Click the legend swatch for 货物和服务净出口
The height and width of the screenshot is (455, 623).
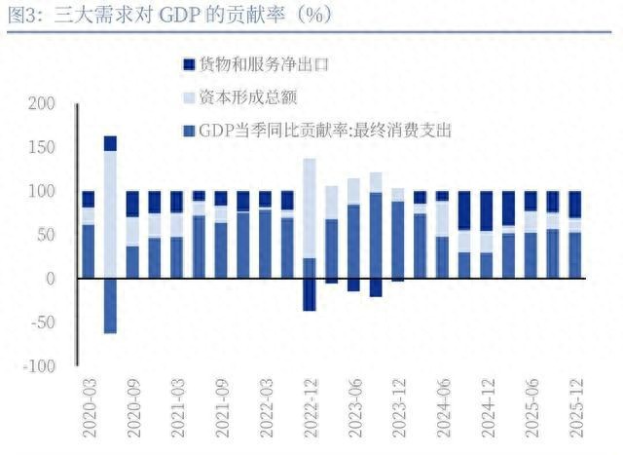coord(188,65)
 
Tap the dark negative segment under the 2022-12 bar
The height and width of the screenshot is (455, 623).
coord(310,294)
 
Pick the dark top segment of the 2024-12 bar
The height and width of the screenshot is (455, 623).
coord(486,210)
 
